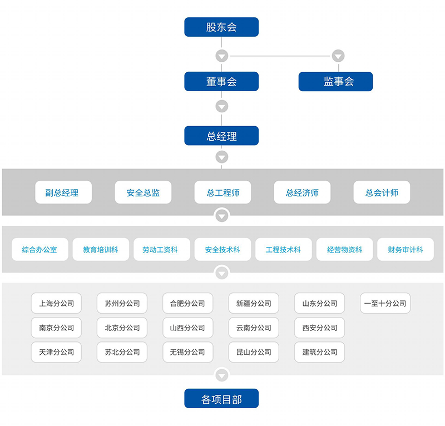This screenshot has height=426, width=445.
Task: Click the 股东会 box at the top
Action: pos(221,27)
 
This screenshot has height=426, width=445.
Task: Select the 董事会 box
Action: pos(221,82)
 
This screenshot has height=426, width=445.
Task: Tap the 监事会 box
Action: pos(335,82)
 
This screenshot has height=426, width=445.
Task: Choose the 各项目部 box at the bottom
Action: pos(221,399)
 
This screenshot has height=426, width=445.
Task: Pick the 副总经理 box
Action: pos(63,193)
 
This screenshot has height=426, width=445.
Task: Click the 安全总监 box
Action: pos(143,193)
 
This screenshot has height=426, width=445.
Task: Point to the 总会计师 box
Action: pos(382,193)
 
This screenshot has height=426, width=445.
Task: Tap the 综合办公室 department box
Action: pos(39,250)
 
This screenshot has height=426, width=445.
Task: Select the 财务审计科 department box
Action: pos(405,250)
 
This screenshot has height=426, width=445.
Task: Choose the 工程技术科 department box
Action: pos(283,250)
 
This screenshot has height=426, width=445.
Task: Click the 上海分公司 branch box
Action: pos(56,304)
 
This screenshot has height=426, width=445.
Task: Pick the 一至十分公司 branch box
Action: pos(385,304)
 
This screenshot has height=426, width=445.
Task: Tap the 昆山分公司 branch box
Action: pos(254,352)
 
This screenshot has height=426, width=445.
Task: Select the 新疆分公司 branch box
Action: pos(254,304)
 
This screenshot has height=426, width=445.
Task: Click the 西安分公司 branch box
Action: pos(319,328)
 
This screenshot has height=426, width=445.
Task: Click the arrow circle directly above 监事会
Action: pos(338,56)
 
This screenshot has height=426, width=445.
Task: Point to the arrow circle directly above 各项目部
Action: pos(222,375)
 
